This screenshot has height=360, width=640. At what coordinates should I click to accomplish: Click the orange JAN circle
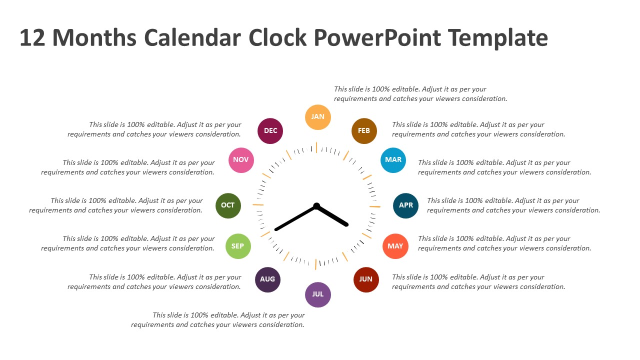click(318, 117)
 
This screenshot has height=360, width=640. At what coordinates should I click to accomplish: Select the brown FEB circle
click(364, 131)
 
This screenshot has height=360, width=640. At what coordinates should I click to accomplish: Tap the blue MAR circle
click(393, 160)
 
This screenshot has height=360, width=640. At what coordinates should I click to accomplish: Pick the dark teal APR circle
click(405, 205)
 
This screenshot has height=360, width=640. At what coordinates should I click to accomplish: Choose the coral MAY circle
click(395, 246)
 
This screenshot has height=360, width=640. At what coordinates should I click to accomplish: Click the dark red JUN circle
click(366, 279)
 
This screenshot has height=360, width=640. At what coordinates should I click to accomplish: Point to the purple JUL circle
click(318, 294)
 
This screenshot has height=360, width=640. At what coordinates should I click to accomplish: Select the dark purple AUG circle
click(267, 279)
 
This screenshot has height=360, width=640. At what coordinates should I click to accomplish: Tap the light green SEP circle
click(238, 246)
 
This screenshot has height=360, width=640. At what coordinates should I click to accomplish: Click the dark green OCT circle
click(228, 205)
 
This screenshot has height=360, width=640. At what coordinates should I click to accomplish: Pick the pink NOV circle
click(241, 160)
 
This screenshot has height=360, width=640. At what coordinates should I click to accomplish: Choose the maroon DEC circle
click(270, 131)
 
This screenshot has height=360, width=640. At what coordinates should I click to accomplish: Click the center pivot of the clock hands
click(316, 205)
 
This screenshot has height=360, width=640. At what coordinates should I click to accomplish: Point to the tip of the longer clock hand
click(276, 229)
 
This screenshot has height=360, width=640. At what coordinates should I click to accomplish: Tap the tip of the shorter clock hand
click(346, 225)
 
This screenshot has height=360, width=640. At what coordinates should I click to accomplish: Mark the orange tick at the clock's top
click(316, 147)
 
